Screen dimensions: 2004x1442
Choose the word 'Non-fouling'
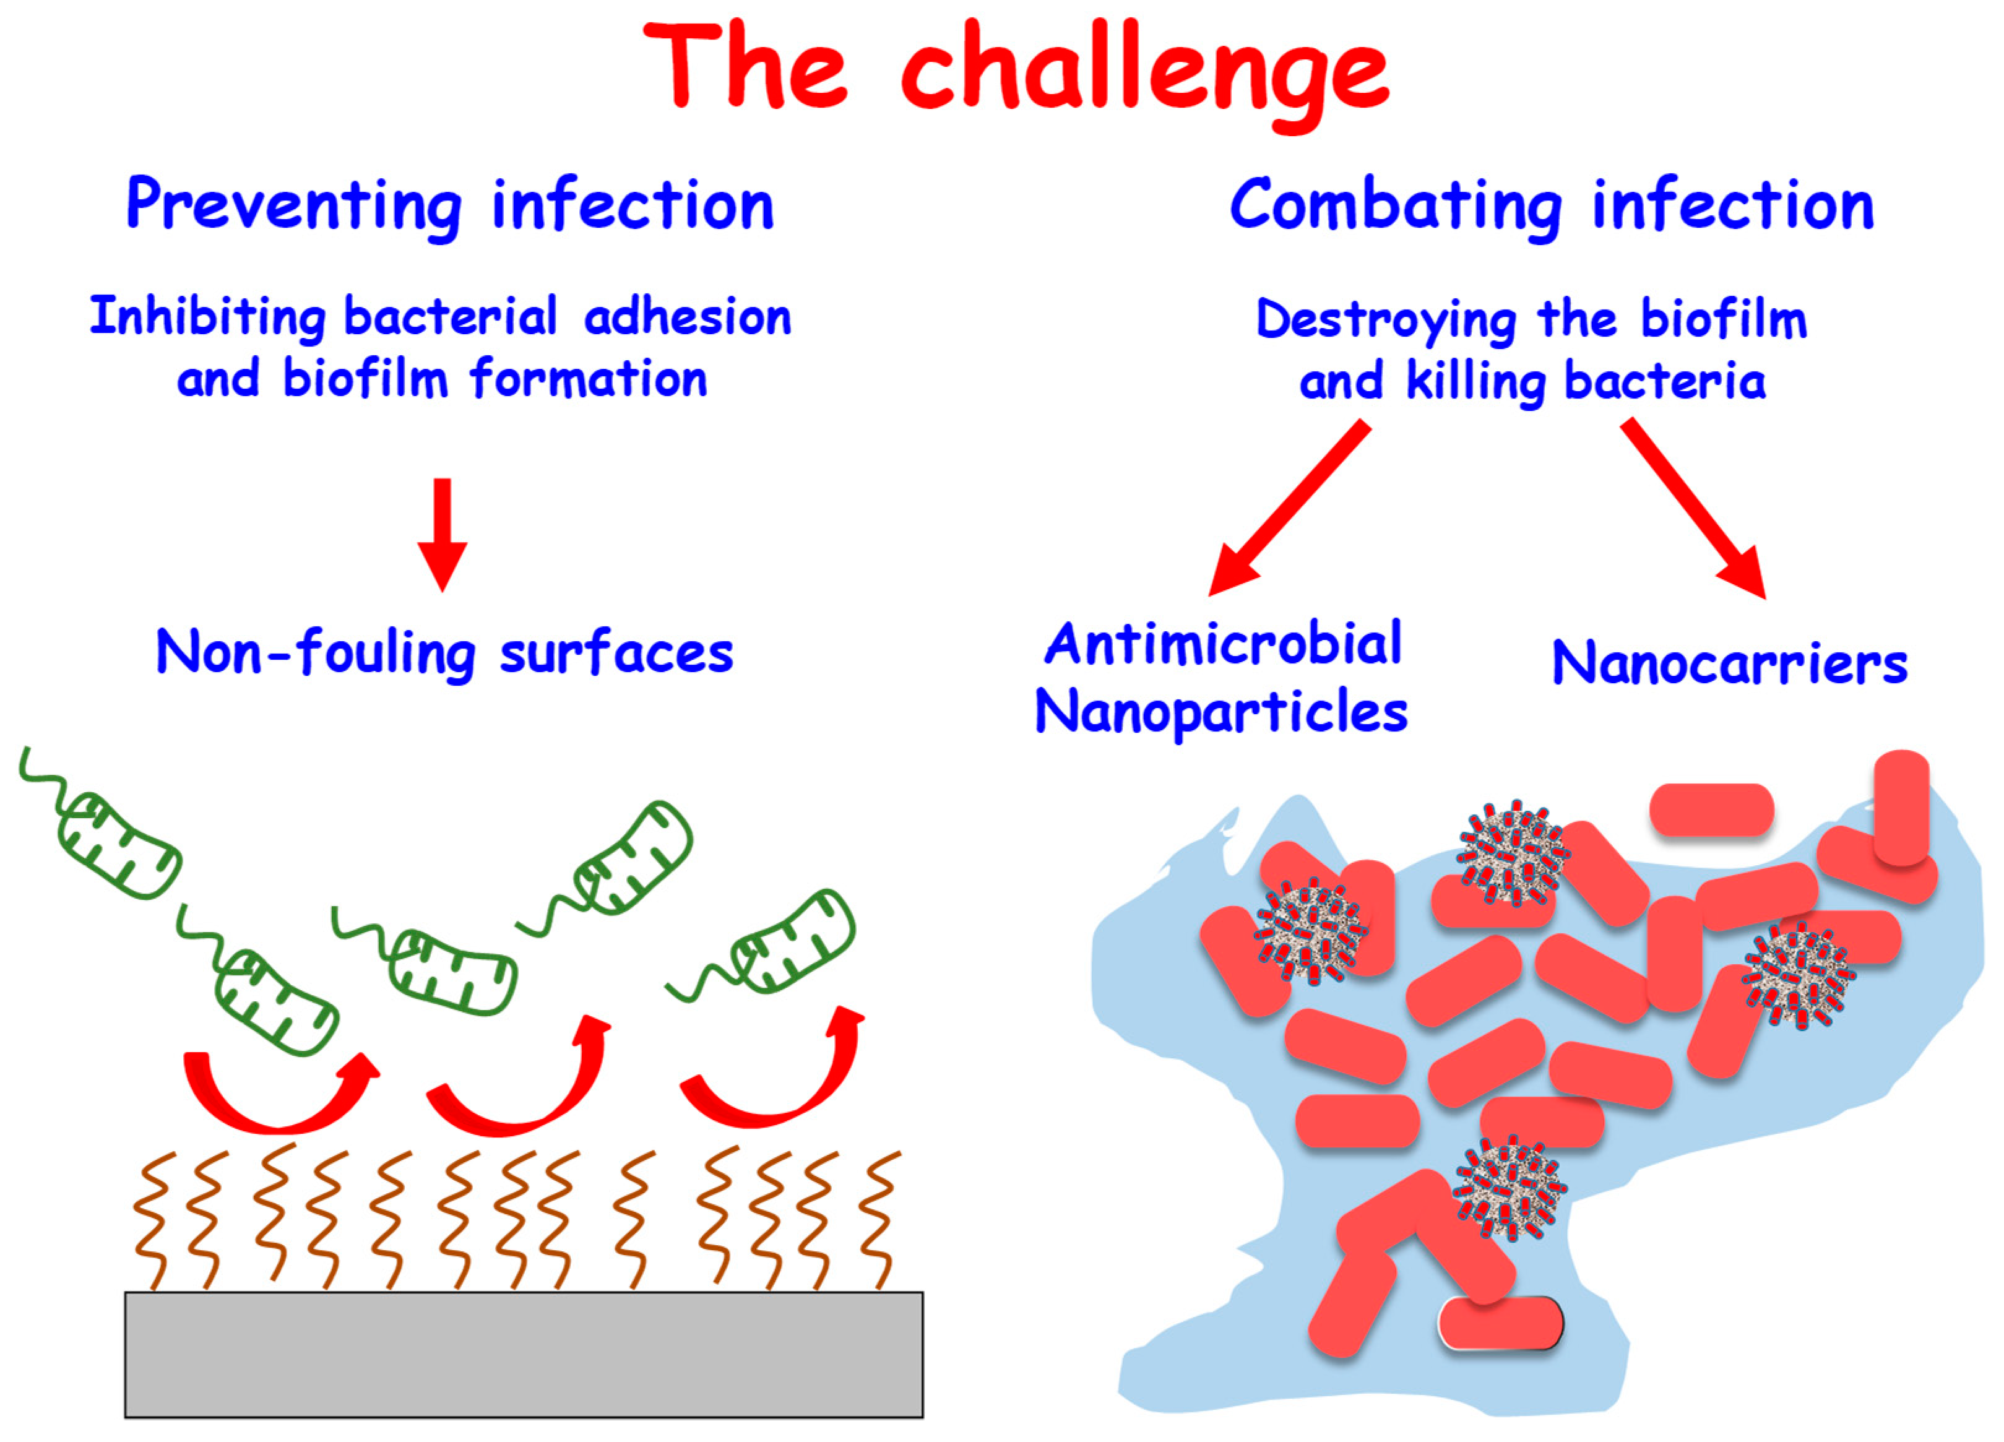click(x=316, y=654)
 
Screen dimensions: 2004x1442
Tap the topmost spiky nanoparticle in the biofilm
click(x=1513, y=853)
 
